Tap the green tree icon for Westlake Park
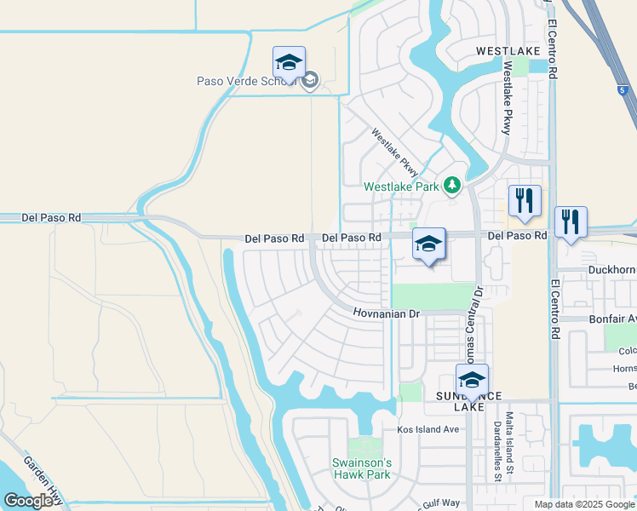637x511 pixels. click(x=452, y=185)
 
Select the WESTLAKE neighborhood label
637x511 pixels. click(x=508, y=51)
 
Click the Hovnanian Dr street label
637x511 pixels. click(x=387, y=313)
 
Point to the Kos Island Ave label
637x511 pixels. click(x=428, y=429)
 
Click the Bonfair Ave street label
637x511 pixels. click(x=612, y=319)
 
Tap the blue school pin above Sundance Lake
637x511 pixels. click(x=472, y=379)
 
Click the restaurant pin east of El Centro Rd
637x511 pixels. click(x=570, y=222)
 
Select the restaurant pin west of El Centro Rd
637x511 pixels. click(x=525, y=201)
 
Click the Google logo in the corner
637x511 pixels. click(x=28, y=501)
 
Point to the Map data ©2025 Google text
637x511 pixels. click(x=583, y=504)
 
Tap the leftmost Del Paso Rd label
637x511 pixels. click(x=53, y=218)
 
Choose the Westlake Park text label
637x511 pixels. click(x=401, y=187)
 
